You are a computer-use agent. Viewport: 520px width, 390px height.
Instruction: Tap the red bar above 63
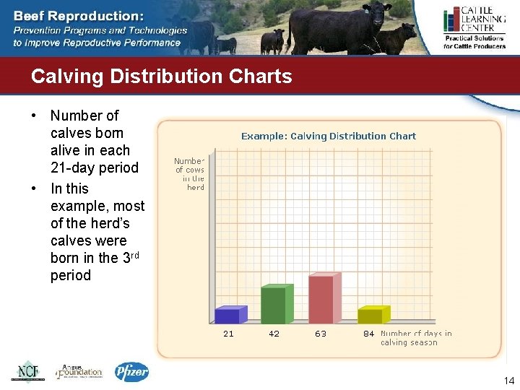coord(324,299)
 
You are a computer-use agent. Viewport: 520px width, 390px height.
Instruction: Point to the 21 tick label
coord(228,334)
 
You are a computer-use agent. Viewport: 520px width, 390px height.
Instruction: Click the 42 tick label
coord(274,334)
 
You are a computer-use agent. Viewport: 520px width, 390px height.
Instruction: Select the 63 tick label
coord(321,334)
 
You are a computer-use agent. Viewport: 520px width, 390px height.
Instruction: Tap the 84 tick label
coord(368,334)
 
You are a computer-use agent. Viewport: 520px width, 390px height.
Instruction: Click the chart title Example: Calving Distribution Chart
coord(328,136)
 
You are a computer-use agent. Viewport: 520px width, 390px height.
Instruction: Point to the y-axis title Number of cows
coord(190,174)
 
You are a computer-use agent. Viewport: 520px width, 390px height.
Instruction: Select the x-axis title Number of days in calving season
coord(416,338)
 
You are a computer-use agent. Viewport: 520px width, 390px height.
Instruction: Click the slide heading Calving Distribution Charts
coord(161,77)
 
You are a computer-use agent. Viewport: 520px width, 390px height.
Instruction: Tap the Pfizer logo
coord(132,371)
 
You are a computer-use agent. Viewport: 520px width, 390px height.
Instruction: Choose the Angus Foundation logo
coord(79,371)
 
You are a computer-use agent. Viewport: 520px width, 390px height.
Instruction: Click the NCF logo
coord(27,371)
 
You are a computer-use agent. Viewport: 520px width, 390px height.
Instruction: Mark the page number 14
coord(508,381)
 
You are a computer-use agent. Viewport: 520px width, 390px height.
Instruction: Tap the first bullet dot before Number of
coord(34,116)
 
